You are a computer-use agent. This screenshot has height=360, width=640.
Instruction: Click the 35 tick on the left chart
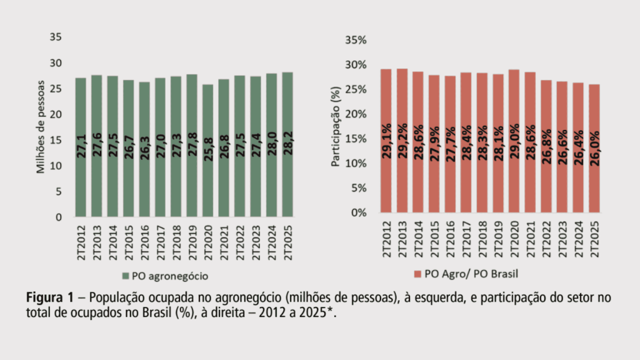click(56, 37)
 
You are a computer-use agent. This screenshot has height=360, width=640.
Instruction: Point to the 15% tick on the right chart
click(358, 139)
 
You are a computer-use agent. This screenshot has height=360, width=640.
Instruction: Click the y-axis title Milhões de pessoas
click(41, 127)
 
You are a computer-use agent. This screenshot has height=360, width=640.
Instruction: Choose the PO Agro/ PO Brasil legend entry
click(462, 274)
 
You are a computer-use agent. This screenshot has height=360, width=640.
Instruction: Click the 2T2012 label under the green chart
click(81, 241)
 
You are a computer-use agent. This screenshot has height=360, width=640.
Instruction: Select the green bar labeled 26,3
click(144, 149)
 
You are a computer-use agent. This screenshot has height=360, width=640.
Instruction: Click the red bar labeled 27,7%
click(450, 144)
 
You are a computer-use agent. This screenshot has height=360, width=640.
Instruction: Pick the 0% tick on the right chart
click(361, 212)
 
